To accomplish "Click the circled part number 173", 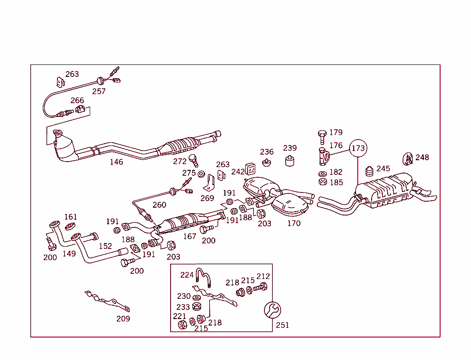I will (358, 148).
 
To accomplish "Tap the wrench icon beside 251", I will (272, 310).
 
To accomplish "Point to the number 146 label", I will (116, 162).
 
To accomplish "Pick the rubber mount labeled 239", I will (290, 161).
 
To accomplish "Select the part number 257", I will (99, 91).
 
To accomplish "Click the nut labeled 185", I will (322, 182).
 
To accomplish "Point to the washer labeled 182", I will (322, 174).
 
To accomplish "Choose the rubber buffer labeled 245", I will (369, 171).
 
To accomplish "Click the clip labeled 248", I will (408, 159).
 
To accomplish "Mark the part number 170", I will (293, 223).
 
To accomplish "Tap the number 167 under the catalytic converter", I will (190, 237).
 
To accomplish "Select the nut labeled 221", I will (182, 325).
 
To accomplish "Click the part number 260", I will (159, 205).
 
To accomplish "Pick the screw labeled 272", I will (195, 161).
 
